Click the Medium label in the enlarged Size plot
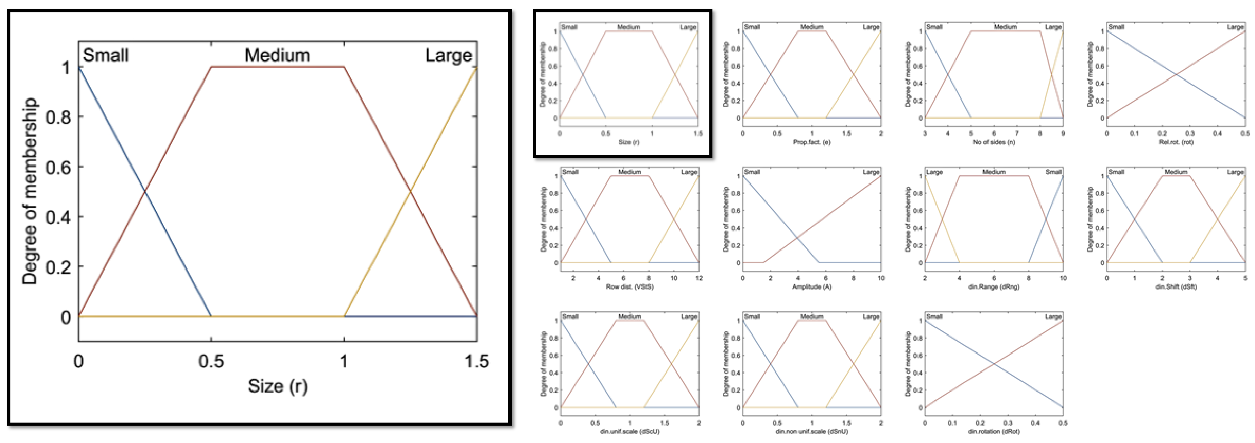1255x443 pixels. [x=277, y=55]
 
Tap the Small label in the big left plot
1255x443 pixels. [x=106, y=55]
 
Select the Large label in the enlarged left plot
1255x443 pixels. [x=448, y=55]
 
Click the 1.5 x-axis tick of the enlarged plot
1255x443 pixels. [x=476, y=361]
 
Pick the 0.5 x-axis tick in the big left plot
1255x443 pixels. [x=211, y=361]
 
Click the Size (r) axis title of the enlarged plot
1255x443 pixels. [x=278, y=386]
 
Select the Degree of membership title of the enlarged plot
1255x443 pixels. [x=30, y=191]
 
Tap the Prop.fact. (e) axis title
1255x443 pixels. [x=812, y=142]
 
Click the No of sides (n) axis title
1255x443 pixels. [x=994, y=142]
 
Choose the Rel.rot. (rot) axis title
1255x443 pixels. [x=1176, y=142]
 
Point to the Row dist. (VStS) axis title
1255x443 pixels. [x=629, y=287]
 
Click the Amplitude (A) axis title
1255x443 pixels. [x=812, y=287]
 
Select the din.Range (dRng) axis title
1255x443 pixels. [x=994, y=287]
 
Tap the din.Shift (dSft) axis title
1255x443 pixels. [x=1176, y=287]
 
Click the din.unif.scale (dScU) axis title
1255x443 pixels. [x=629, y=432]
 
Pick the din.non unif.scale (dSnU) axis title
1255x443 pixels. [x=812, y=432]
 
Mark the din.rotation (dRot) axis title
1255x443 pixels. [x=994, y=432]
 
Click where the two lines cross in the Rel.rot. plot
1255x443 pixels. [x=1176, y=75]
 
